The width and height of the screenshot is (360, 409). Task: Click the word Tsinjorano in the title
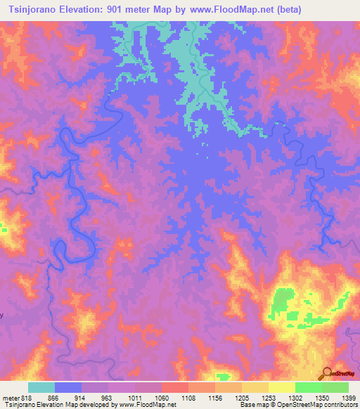tap(34, 9)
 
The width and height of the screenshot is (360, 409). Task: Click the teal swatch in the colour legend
tap(41, 387)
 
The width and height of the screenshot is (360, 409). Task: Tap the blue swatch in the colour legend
tap(68, 387)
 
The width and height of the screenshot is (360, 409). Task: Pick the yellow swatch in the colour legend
tap(281, 387)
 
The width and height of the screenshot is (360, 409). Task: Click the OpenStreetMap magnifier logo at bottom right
tap(328, 372)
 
